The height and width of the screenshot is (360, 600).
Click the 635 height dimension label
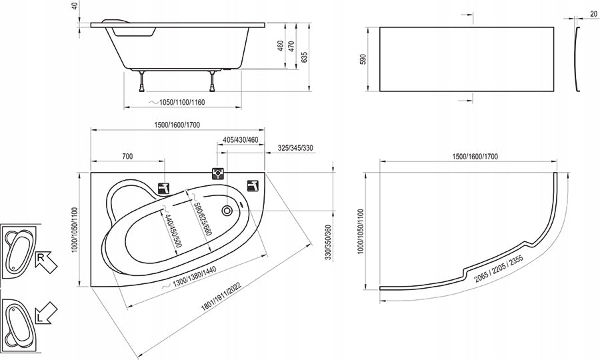pyautogui.click(x=304, y=57)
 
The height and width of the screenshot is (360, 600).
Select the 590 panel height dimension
pyautogui.click(x=363, y=59)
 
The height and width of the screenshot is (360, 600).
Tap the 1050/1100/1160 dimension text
pyautogui.click(x=182, y=102)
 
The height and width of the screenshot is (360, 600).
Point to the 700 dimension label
pyautogui.click(x=127, y=156)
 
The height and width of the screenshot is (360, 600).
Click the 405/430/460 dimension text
pyautogui.click(x=240, y=139)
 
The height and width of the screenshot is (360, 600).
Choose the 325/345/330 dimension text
pyautogui.click(x=295, y=148)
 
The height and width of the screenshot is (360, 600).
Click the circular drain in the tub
pyautogui.click(x=227, y=209)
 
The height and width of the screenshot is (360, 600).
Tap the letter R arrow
pyautogui.click(x=45, y=262)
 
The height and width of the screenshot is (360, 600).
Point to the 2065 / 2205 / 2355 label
pyautogui.click(x=499, y=268)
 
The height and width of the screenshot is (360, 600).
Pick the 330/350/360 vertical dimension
pyautogui.click(x=328, y=243)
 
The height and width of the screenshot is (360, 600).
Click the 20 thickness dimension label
pyautogui.click(x=593, y=14)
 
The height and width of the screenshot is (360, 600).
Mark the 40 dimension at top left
pyautogui.click(x=75, y=6)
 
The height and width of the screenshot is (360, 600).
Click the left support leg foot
pyautogui.click(x=142, y=89)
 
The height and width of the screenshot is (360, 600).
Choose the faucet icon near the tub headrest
pyautogui.click(x=164, y=188)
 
